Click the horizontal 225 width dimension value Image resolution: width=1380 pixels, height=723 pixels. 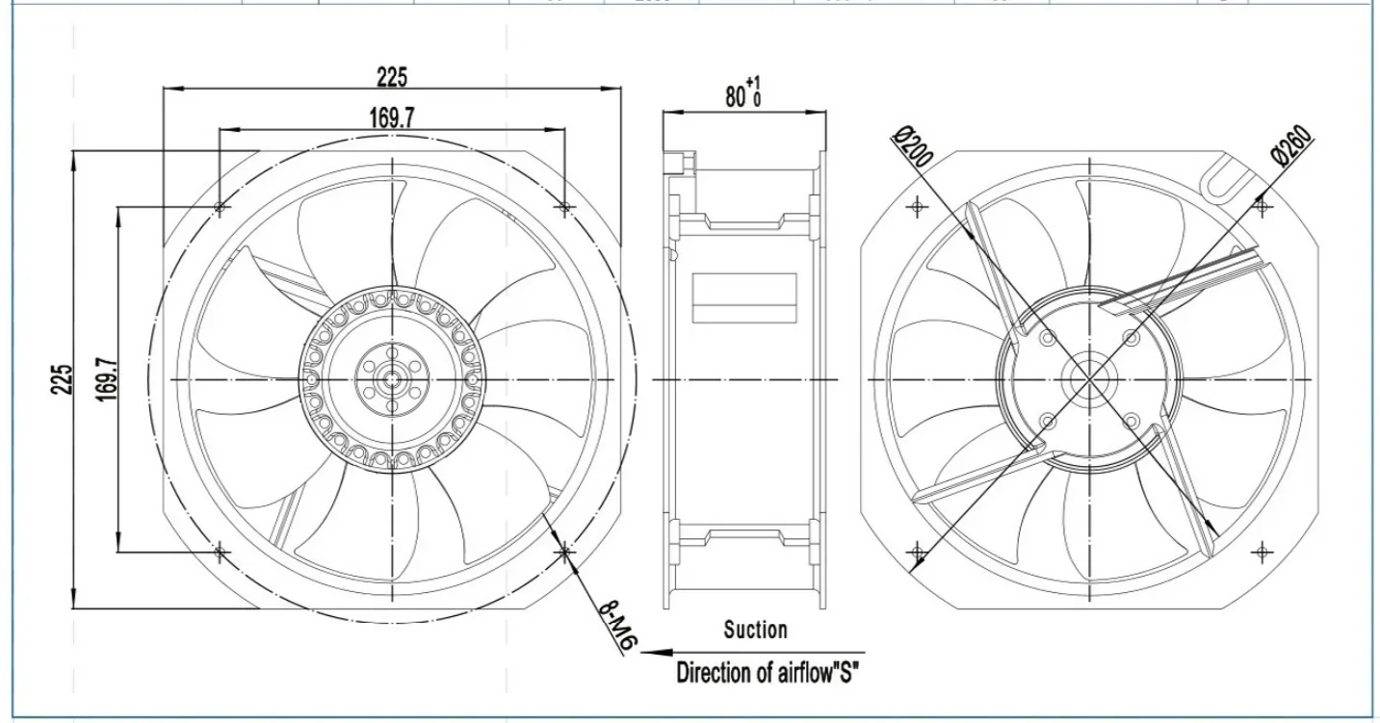(x=392, y=77)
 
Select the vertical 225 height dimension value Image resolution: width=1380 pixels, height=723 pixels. (x=62, y=379)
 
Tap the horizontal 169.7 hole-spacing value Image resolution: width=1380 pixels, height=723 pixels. (x=392, y=117)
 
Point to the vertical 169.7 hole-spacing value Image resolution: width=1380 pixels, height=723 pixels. (x=107, y=379)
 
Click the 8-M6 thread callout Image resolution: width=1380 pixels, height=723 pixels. (x=614, y=627)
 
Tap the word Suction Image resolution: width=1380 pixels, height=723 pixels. (x=755, y=630)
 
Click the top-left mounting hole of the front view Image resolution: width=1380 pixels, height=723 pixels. (x=221, y=207)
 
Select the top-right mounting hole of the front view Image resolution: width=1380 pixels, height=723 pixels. (x=565, y=207)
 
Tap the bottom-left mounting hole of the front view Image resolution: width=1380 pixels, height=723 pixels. (x=221, y=552)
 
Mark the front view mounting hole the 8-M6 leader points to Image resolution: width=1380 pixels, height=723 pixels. (x=565, y=552)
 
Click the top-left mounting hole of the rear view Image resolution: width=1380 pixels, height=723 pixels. (x=918, y=206)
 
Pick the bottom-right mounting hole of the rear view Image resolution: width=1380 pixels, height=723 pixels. (x=1262, y=553)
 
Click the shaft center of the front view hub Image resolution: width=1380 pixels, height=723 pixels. (x=393, y=379)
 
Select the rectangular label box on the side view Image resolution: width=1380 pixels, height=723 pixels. (x=745, y=297)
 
